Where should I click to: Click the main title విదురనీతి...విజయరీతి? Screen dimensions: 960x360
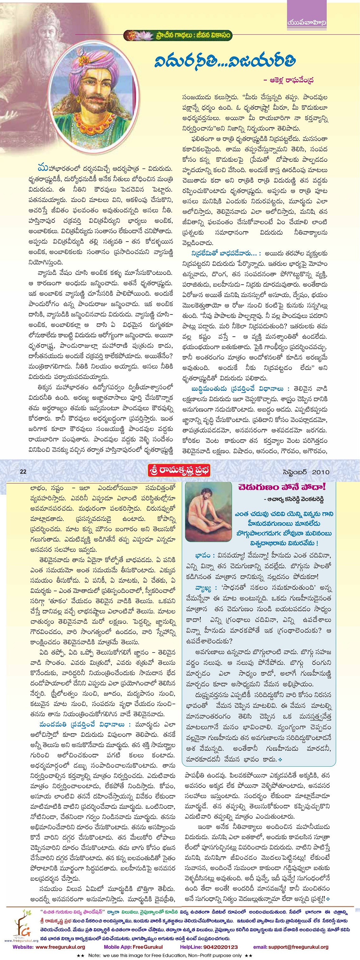(x=225, y=61)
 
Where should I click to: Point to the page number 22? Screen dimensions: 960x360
(x=23, y=471)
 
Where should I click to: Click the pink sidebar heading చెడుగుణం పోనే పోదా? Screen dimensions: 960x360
(x=282, y=487)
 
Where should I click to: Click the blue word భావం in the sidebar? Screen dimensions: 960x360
(x=205, y=555)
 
